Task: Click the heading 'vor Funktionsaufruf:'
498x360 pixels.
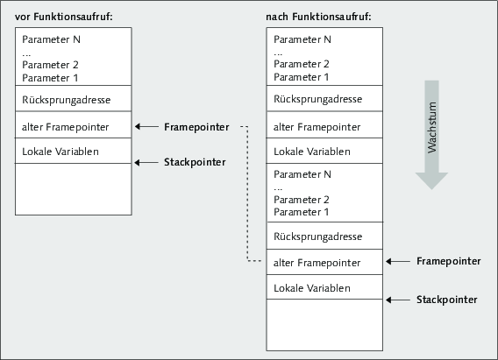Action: [63, 17]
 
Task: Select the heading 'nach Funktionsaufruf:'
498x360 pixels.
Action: [318, 17]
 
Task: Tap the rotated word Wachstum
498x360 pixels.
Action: [432, 128]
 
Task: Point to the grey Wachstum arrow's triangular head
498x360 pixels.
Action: [431, 180]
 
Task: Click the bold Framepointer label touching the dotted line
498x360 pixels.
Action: [196, 127]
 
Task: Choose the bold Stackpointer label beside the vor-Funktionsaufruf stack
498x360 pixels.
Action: [195, 162]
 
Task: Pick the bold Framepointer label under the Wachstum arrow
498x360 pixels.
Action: [448, 261]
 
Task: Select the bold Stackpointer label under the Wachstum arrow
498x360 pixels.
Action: [447, 300]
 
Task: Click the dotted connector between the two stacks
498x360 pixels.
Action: [247, 194]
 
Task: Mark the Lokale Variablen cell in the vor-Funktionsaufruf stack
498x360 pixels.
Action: [74, 151]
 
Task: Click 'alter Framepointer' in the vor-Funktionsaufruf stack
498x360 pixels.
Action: [66, 127]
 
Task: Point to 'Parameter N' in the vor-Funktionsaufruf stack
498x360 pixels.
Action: [51, 39]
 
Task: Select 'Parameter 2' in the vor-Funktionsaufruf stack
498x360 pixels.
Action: [50, 65]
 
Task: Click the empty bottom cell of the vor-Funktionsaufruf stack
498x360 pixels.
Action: [74, 189]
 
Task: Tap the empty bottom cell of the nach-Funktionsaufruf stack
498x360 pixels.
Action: [324, 325]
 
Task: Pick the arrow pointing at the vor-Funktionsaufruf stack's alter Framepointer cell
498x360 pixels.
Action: [146, 126]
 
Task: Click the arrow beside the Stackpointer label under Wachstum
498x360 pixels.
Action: [398, 300]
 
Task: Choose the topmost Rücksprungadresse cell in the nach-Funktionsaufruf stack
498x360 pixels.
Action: [324, 98]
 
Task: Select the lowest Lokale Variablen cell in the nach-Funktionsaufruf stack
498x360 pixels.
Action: [324, 286]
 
